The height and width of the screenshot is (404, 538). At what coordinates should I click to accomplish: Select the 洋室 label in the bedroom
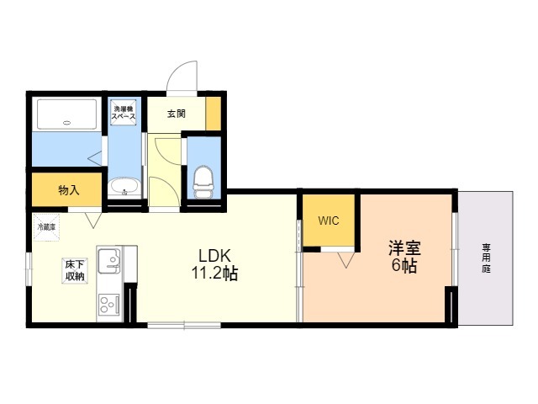click(x=404, y=249)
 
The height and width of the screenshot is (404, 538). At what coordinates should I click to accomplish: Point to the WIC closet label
click(x=328, y=221)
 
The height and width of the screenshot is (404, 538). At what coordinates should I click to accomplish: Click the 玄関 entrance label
click(x=175, y=114)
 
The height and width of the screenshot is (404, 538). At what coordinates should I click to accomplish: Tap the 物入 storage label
click(x=68, y=190)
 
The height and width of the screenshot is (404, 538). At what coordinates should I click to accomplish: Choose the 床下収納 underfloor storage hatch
click(x=75, y=270)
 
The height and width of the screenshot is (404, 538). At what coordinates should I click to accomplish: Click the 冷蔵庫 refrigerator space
click(x=46, y=226)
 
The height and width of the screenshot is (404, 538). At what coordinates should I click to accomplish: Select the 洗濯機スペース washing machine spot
click(x=123, y=111)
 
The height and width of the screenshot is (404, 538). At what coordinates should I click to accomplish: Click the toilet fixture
click(x=203, y=179)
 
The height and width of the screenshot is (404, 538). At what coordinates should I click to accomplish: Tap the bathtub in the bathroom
click(x=66, y=114)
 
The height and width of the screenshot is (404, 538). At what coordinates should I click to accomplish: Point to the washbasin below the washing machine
click(x=124, y=186)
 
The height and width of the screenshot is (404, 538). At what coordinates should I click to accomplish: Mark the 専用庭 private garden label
click(x=487, y=258)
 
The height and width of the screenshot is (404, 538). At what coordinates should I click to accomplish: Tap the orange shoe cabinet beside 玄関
click(x=214, y=114)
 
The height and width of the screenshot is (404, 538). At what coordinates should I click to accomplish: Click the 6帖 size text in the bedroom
click(x=404, y=267)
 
